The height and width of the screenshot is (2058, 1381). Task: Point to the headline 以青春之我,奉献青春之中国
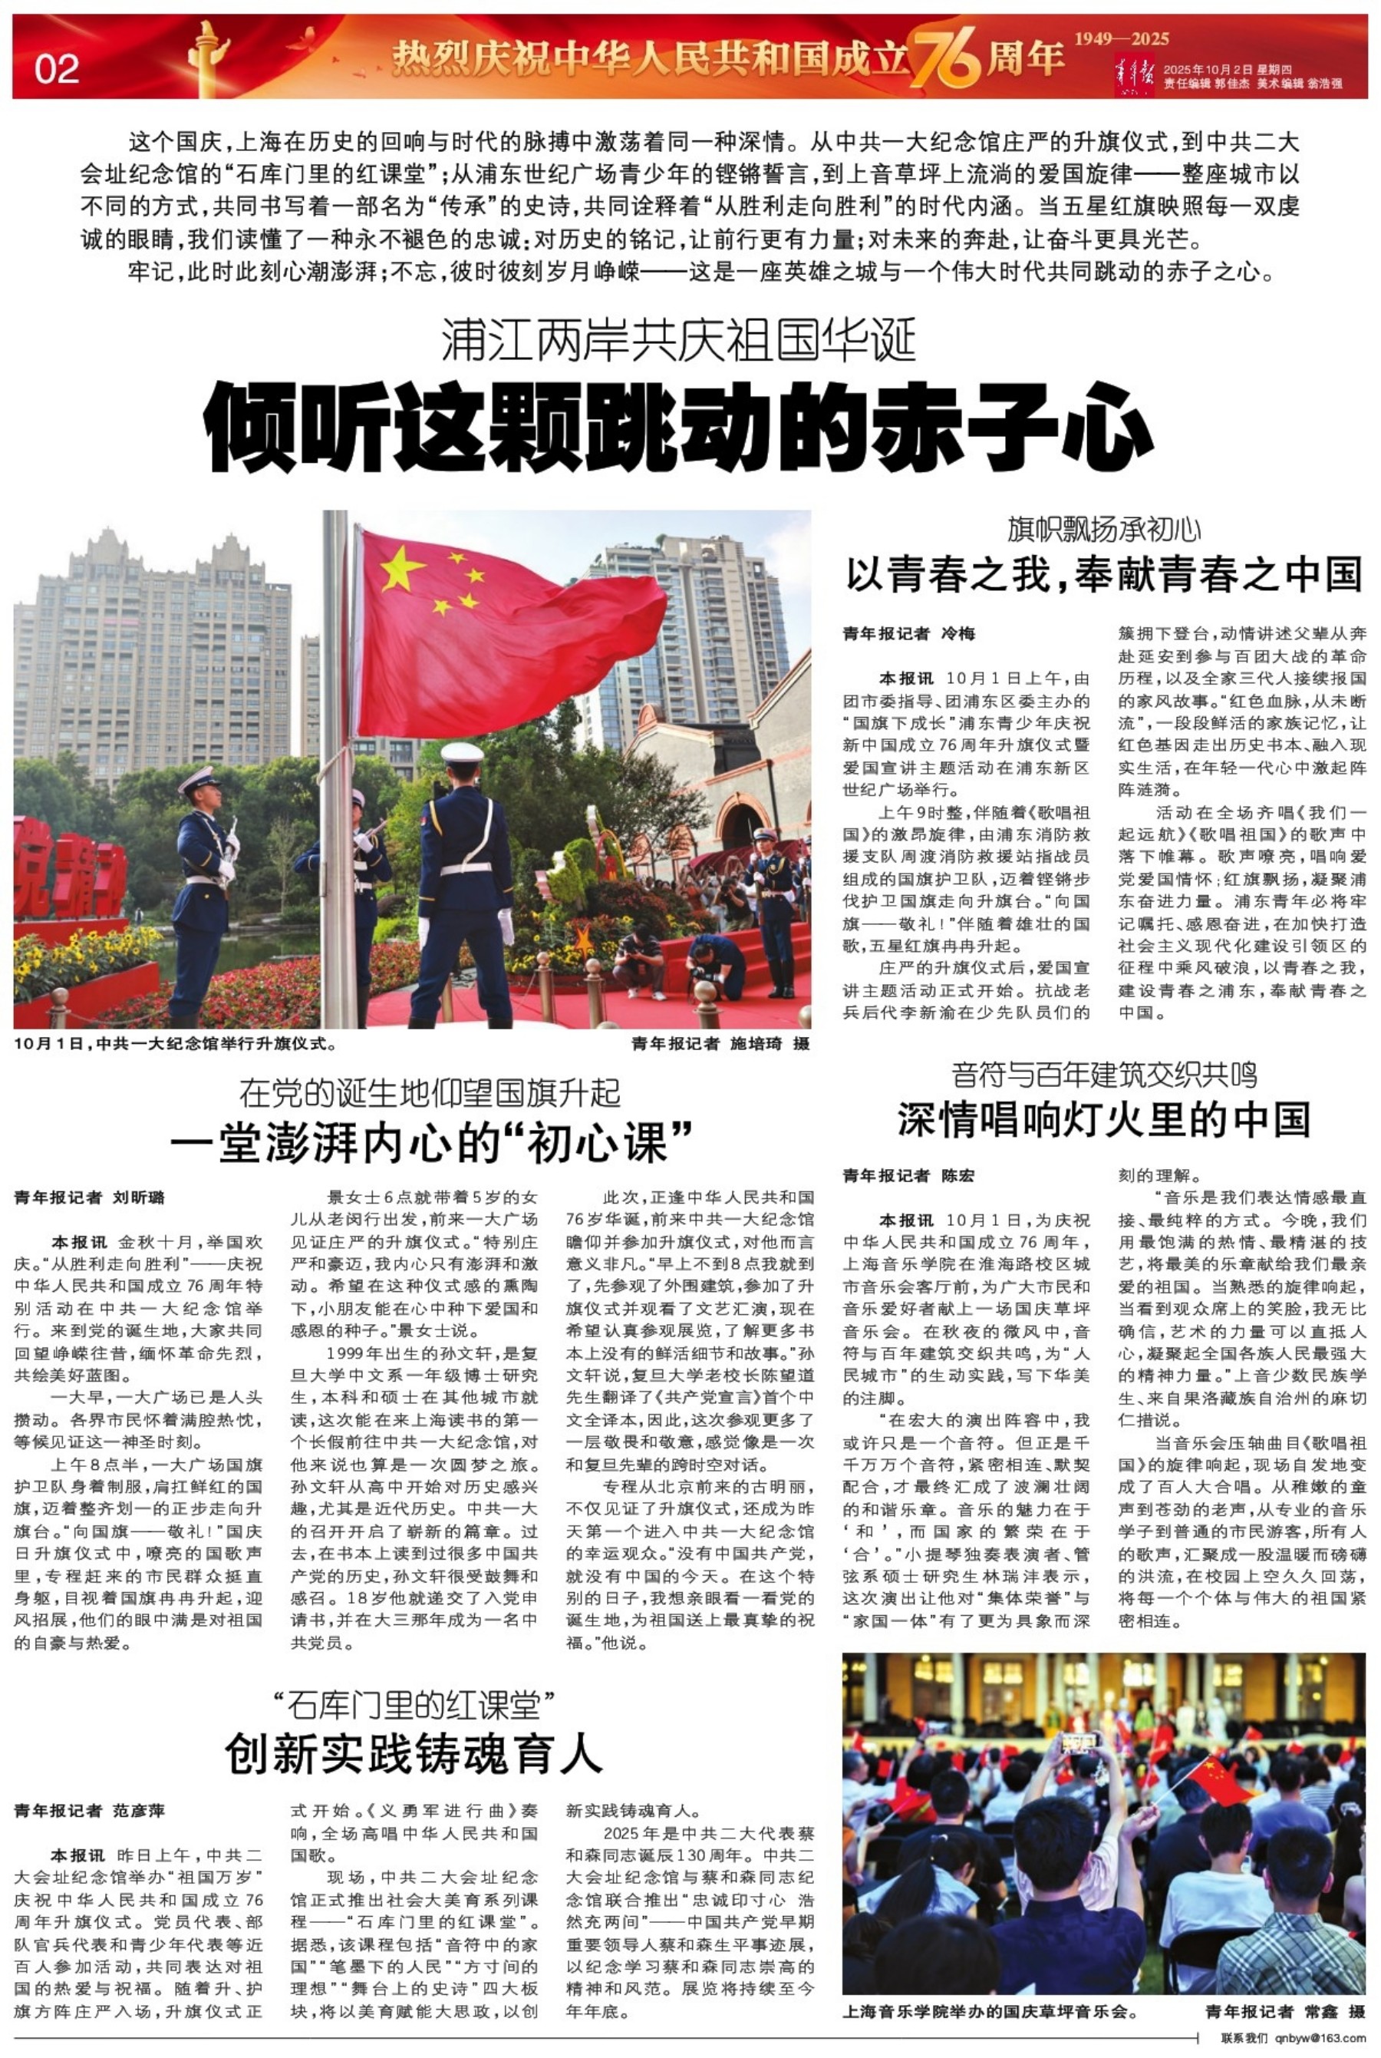1105,573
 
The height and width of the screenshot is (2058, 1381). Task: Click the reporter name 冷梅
959,633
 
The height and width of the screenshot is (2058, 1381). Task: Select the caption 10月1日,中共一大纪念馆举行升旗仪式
176,1044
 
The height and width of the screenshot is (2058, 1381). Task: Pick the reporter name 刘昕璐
138,1197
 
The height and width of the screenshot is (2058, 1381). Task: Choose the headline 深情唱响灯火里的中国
1105,1119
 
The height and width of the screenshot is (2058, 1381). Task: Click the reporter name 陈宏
958,1175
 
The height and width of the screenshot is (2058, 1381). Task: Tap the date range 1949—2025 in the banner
1121,38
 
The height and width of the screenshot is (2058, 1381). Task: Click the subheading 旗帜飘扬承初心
1105,530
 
